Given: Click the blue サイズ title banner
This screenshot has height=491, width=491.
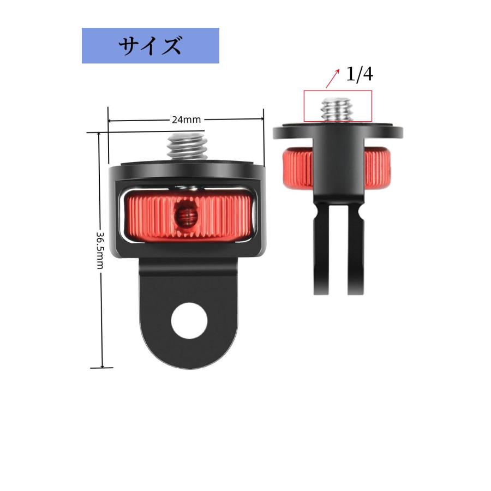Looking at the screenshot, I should pyautogui.click(x=150, y=46).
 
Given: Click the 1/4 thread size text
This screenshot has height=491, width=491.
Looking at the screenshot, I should pyautogui.click(x=360, y=74).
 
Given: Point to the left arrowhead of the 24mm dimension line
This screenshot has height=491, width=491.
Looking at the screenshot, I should pyautogui.click(x=110, y=120).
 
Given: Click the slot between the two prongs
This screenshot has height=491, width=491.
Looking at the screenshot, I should pyautogui.click(x=339, y=256).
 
